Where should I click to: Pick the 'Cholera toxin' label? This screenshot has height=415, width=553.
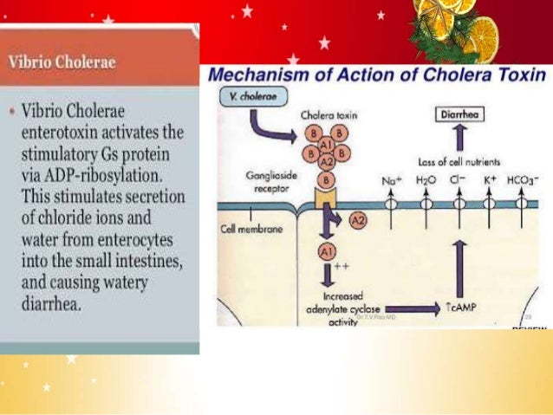(x=329, y=114)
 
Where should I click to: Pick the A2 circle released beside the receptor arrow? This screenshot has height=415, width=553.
(x=358, y=222)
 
